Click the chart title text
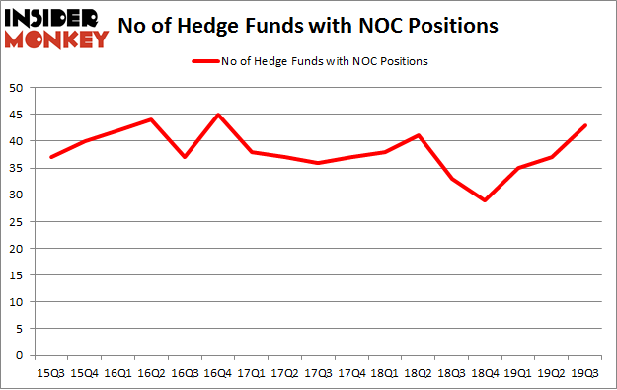click(x=307, y=25)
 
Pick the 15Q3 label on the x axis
click(x=52, y=372)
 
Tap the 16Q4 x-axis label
click(x=218, y=372)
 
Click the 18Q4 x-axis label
click(x=484, y=372)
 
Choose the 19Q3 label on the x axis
click(x=583, y=372)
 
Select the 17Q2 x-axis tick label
click(x=284, y=372)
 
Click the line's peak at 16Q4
click(x=218, y=115)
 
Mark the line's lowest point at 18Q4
click(x=484, y=200)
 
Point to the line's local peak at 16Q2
click(x=152, y=119)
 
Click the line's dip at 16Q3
click(x=186, y=157)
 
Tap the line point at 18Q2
click(x=418, y=135)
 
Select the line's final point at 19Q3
click(x=583, y=125)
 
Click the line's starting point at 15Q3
click(x=52, y=157)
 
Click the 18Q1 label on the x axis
click(x=384, y=372)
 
